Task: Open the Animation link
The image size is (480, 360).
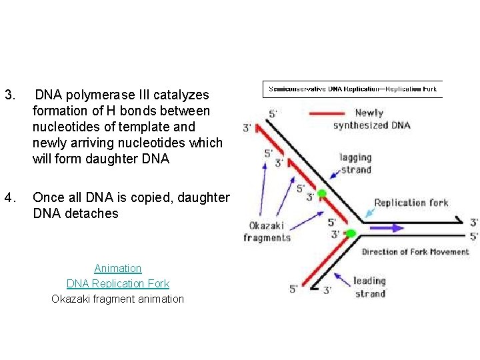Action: pos(118,268)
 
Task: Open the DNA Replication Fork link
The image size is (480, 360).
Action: pos(118,283)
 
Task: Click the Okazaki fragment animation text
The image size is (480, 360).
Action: pos(118,299)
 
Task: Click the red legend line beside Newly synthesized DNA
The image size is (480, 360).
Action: pos(327,113)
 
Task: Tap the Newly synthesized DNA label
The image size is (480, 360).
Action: pos(371,119)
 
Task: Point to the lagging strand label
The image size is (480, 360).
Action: pos(355,163)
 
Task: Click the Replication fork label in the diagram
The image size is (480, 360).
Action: pos(411,203)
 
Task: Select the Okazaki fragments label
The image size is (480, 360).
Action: pos(267,231)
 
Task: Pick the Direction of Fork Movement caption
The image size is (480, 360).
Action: pos(415,252)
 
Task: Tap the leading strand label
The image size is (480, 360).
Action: pos(369,287)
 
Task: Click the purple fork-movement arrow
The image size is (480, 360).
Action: pos(386,227)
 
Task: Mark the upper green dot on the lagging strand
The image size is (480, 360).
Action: pos(321,194)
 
